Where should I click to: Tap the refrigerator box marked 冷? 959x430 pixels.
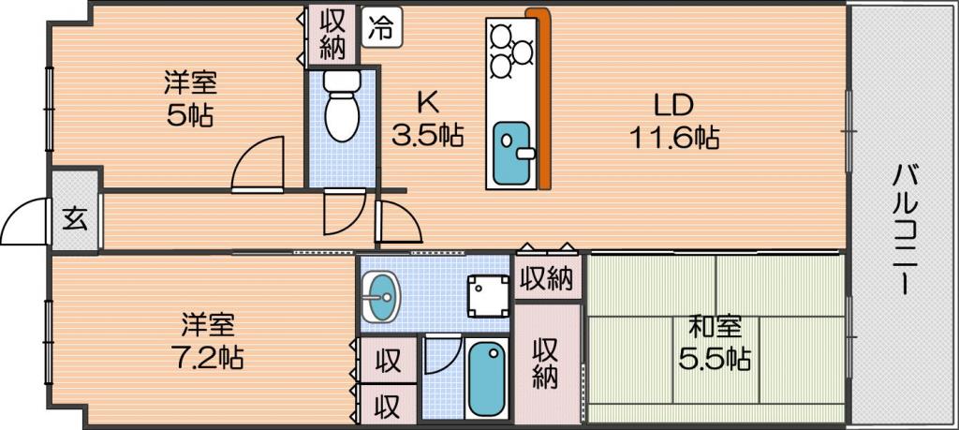(x=382, y=27)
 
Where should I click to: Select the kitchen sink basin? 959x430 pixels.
(x=511, y=153)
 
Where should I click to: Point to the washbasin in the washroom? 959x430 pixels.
(x=379, y=297)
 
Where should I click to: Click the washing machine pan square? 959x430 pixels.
(x=487, y=297)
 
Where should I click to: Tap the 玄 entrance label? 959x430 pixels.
(x=75, y=219)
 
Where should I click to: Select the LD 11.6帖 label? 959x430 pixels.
(x=674, y=125)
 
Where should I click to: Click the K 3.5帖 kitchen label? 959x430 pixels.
(x=427, y=119)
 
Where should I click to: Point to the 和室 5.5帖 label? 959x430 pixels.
(x=715, y=345)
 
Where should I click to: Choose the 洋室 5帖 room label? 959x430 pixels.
(x=190, y=97)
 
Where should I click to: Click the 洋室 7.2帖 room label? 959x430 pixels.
(x=208, y=341)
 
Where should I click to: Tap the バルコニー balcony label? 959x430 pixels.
(x=903, y=230)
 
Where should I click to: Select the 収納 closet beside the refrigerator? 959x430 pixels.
(x=332, y=35)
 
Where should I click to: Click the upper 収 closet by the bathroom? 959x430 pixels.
(x=388, y=360)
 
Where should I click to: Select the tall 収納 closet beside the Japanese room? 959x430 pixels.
(x=546, y=363)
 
